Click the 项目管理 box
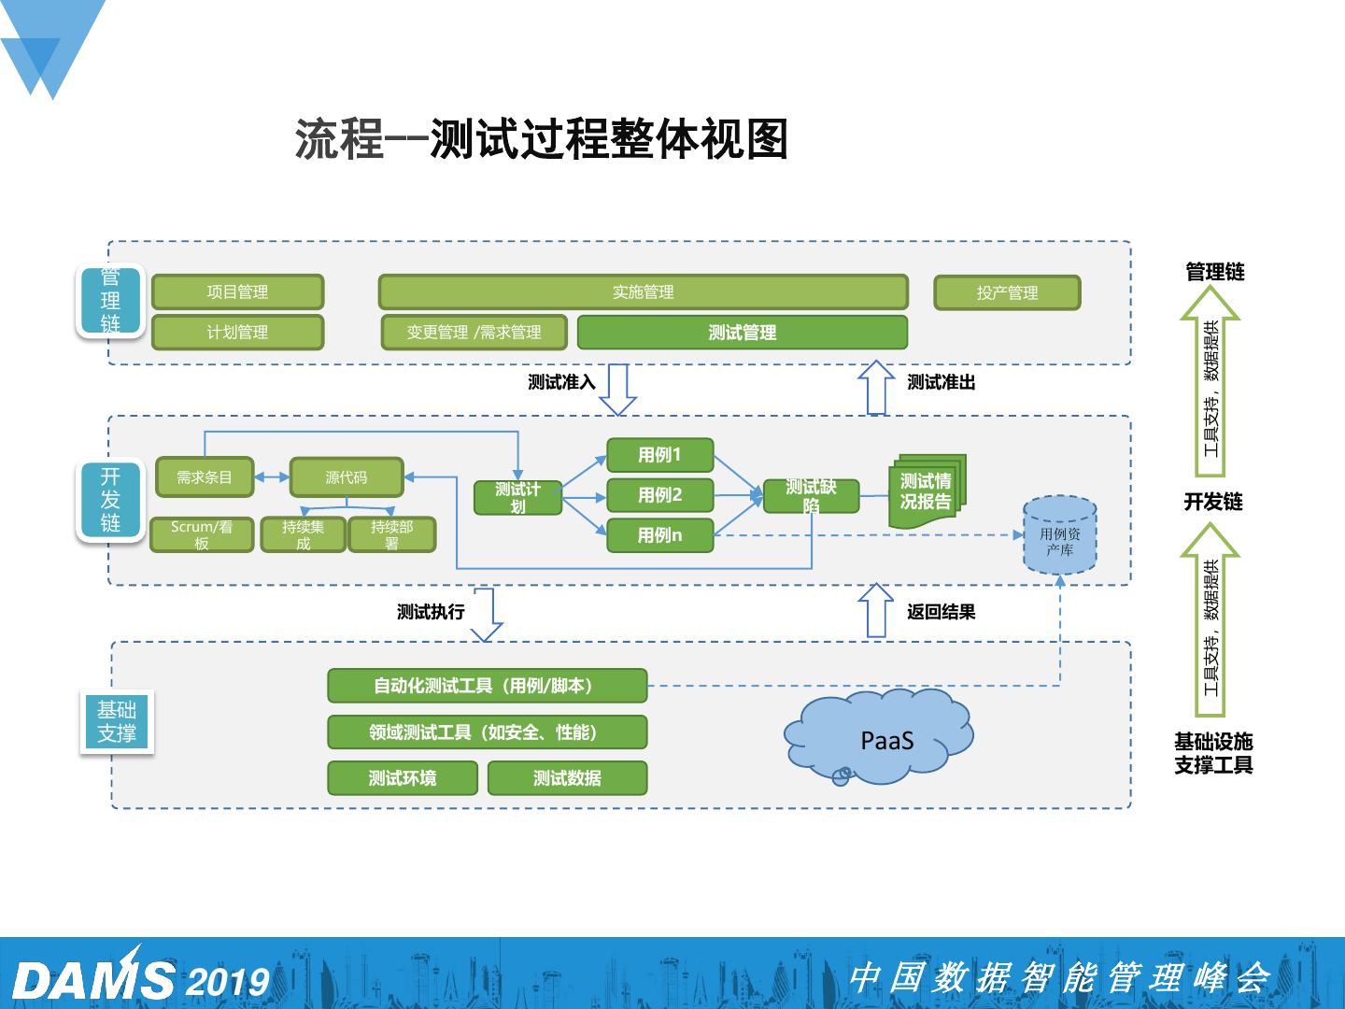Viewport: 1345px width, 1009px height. [x=237, y=292]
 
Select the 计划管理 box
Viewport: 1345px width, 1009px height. [x=237, y=333]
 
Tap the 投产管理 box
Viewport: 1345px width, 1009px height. [x=1007, y=292]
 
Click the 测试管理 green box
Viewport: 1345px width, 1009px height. [x=743, y=333]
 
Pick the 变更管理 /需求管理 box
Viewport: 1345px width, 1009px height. [x=474, y=333]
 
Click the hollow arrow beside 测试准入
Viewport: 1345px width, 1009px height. [x=617, y=389]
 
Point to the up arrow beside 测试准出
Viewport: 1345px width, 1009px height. [x=876, y=387]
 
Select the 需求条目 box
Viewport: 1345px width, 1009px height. [x=205, y=477]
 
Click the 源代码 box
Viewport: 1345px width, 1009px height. [x=346, y=477]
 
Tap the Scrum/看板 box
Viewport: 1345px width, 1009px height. [x=202, y=535]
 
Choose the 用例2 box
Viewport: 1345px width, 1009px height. [x=660, y=495]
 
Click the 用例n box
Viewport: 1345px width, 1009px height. [x=660, y=535]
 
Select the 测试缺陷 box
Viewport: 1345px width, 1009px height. [x=811, y=495]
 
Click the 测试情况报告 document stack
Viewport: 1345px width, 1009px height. [x=927, y=491]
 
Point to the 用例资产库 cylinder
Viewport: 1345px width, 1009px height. [x=1059, y=536]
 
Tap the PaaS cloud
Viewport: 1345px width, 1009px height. [x=882, y=738]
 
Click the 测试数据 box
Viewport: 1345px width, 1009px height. [x=567, y=778]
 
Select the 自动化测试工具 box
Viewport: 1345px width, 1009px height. [x=487, y=686]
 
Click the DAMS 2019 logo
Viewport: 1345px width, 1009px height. [x=140, y=979]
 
